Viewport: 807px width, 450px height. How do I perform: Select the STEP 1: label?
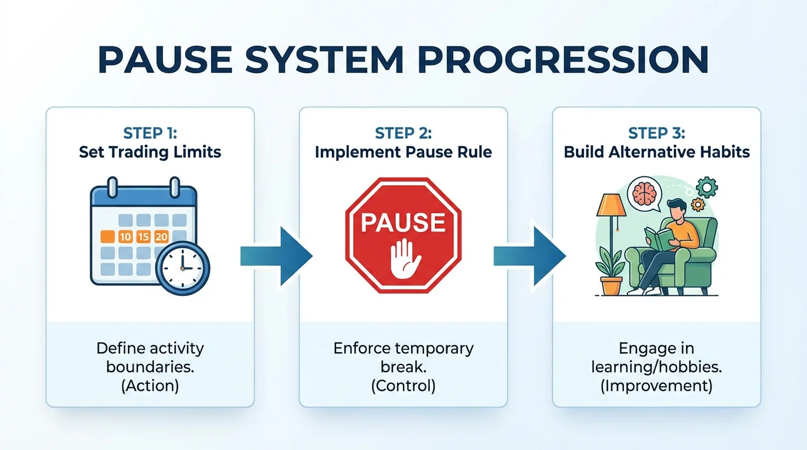click(x=150, y=133)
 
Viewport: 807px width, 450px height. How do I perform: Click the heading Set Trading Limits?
click(x=150, y=152)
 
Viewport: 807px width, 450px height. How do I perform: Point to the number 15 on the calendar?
click(x=143, y=237)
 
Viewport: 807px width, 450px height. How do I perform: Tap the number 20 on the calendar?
click(x=161, y=237)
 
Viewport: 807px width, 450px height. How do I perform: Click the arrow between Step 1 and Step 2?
click(x=276, y=256)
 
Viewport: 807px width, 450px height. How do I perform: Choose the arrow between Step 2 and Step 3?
click(x=530, y=256)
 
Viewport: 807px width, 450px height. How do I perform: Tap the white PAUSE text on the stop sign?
click(x=403, y=223)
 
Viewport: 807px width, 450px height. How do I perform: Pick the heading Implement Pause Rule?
click(x=403, y=152)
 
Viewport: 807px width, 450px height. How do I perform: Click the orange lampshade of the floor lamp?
click(x=611, y=206)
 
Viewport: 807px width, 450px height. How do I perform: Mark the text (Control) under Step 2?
click(x=403, y=386)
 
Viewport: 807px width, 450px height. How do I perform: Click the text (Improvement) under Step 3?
click(x=656, y=386)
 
